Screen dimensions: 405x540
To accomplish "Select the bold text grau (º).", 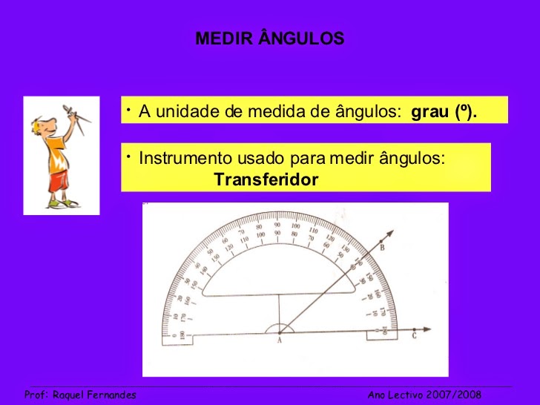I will coord(444,113).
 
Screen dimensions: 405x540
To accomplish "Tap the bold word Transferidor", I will coord(266,180).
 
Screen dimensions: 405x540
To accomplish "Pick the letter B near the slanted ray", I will coord(381,248).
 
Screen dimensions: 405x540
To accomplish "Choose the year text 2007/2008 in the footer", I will coord(454,395).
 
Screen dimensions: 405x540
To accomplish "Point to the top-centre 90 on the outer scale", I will coord(277,225).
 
